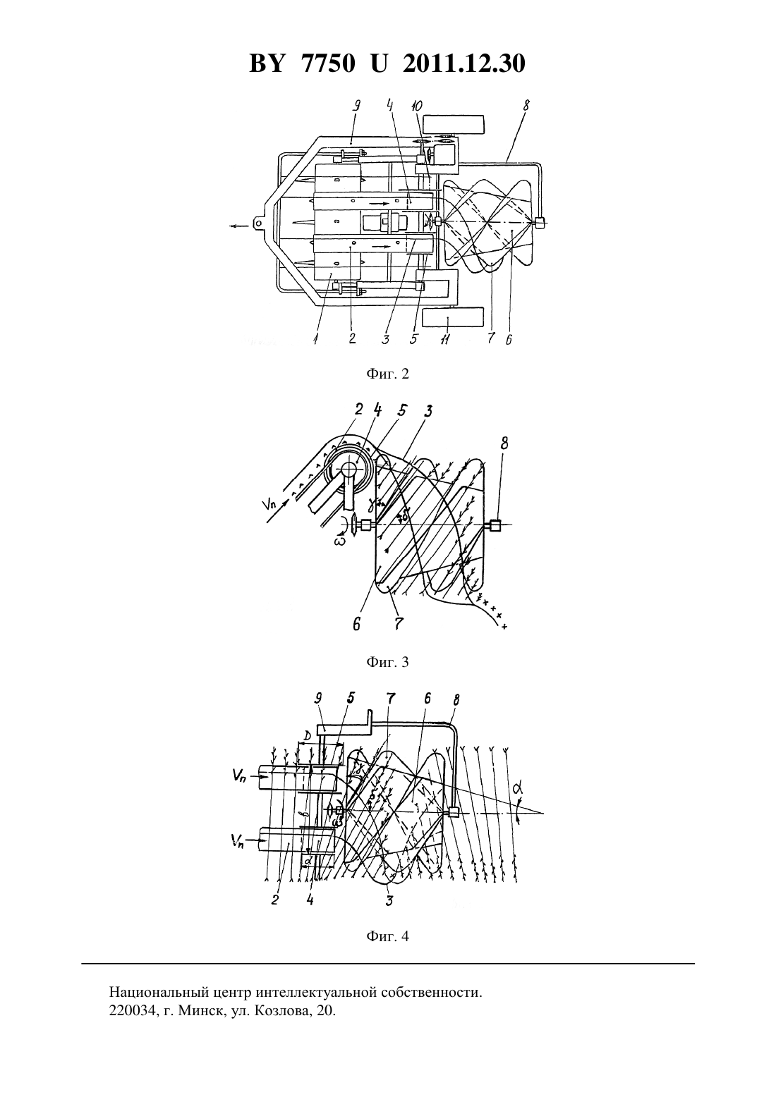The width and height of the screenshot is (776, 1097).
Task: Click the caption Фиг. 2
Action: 387,374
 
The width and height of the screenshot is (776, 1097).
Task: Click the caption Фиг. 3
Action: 387,662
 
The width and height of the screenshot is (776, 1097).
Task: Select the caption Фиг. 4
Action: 387,936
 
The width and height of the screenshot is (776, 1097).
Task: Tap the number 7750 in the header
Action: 328,63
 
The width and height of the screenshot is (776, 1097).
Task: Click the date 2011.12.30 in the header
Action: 464,63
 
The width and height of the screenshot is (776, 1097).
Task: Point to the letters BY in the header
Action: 267,63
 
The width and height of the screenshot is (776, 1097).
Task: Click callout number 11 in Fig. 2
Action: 445,338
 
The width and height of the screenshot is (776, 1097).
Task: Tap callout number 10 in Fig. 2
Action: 418,105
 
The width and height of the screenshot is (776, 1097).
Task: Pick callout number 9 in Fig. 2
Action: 357,105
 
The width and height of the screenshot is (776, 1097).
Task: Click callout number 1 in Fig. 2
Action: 316,338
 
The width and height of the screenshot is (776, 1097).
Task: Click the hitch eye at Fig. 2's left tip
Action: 258,223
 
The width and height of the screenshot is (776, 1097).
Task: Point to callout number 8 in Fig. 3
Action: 504,443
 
